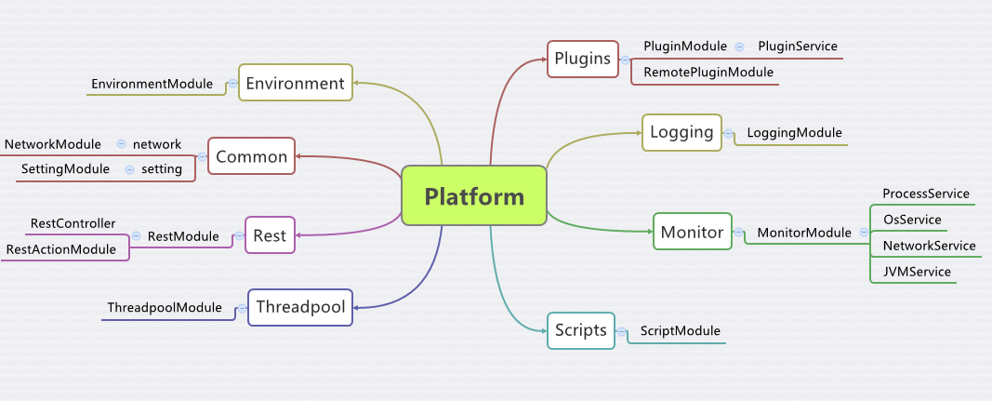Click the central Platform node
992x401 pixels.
474,195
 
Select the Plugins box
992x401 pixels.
583,59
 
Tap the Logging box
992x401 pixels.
682,132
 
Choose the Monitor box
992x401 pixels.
692,232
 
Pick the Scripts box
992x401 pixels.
581,330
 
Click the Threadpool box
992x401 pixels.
300,307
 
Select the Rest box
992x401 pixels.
270,235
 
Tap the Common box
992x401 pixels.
252,155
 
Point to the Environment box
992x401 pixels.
296,83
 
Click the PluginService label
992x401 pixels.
798,47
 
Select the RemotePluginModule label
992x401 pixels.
708,73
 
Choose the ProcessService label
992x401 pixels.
926,194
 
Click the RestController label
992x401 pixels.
73,223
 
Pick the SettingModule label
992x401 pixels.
65,169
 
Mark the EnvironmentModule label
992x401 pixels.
152,84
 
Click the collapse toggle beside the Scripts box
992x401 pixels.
622,331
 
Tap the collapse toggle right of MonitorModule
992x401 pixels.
865,233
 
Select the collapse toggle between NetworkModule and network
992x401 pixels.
122,144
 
